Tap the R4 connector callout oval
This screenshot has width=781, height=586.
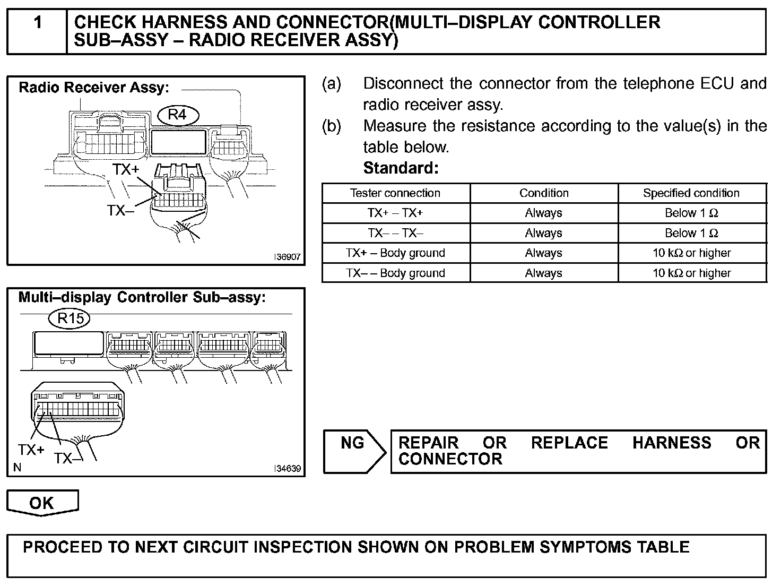coord(177,115)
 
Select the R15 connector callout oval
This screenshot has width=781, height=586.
coord(70,318)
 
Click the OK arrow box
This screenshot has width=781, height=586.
coord(42,503)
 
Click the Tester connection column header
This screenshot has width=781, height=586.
coord(395,193)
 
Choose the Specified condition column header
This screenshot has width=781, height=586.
coord(691,193)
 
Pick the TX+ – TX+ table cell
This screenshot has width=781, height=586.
coord(395,213)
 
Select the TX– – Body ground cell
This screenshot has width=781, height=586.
coord(395,273)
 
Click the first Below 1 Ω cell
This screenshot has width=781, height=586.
coord(691,213)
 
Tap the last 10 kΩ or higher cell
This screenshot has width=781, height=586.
coord(691,273)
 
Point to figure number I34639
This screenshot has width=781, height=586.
coord(288,469)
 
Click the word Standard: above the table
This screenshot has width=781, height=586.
coord(401,168)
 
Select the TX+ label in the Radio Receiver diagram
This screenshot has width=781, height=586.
coord(126,169)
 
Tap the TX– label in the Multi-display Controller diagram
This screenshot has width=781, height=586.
coord(68,458)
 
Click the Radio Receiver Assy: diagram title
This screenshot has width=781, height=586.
coord(93,88)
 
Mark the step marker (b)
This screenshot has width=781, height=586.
coord(331,126)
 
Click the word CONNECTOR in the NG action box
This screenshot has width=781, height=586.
coord(450,459)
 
